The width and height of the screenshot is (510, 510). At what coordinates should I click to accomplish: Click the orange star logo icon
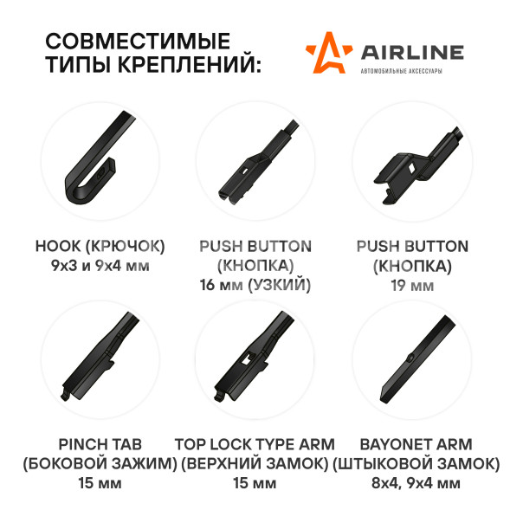pyautogui.click(x=328, y=54)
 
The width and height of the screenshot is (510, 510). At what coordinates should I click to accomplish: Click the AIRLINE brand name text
pyautogui.click(x=412, y=53)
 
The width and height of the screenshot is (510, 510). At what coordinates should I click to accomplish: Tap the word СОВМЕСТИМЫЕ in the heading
pyautogui.click(x=138, y=41)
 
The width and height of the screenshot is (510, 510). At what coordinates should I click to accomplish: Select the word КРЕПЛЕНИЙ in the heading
pyautogui.click(x=189, y=64)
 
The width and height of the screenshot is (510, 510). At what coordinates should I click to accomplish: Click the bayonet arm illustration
pyautogui.click(x=418, y=359)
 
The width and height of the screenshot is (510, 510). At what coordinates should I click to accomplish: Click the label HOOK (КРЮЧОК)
pyautogui.click(x=100, y=246)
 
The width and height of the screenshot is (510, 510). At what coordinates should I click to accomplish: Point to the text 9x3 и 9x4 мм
pyautogui.click(x=100, y=266)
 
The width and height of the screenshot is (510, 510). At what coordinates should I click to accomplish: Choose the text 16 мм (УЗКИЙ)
pyautogui.click(x=255, y=285)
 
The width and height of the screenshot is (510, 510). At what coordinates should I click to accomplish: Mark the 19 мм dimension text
pyautogui.click(x=412, y=286)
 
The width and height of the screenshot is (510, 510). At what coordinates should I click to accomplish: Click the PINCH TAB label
pyautogui.click(x=100, y=444)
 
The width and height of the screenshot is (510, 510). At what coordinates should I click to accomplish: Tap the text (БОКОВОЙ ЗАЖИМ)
pyautogui.click(x=100, y=464)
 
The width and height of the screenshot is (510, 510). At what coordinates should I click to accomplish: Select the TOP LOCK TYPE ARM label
pyautogui.click(x=255, y=444)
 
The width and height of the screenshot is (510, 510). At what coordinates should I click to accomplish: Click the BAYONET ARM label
pyautogui.click(x=416, y=444)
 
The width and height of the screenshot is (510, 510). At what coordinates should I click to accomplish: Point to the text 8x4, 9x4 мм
pyautogui.click(x=416, y=483)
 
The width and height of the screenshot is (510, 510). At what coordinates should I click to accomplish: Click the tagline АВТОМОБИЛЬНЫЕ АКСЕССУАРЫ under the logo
pyautogui.click(x=402, y=71)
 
